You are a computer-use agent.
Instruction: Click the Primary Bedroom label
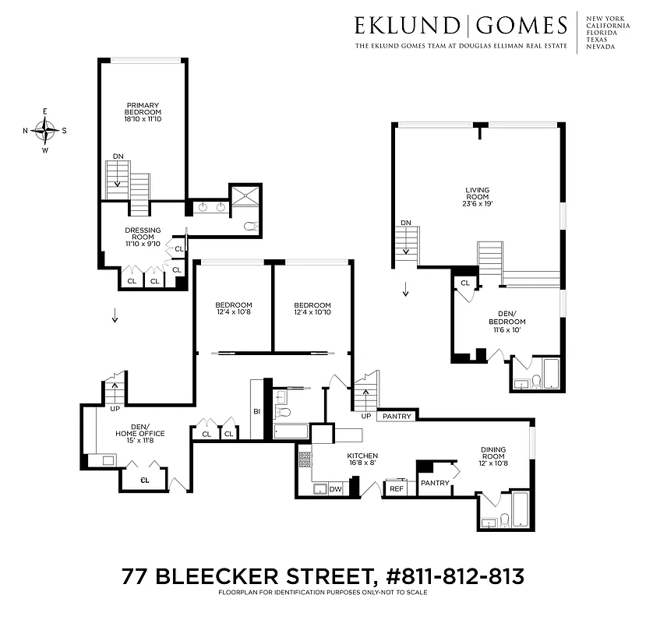tap(143, 112)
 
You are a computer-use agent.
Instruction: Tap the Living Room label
tap(478, 195)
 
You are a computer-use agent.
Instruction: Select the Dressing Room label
tap(143, 237)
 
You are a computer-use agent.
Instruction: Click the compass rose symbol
tap(45, 130)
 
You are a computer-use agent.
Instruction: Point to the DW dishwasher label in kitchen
tap(336, 489)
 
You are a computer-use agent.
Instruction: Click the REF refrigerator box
tap(397, 489)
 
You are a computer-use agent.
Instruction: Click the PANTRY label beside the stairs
tap(397, 417)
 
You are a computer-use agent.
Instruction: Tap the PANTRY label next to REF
tap(434, 483)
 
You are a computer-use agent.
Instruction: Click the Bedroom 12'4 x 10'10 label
tap(312, 309)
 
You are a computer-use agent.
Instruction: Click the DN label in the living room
tap(405, 224)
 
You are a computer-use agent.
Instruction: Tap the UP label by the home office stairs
tap(115, 408)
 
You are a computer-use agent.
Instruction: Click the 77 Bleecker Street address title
tap(323, 577)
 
